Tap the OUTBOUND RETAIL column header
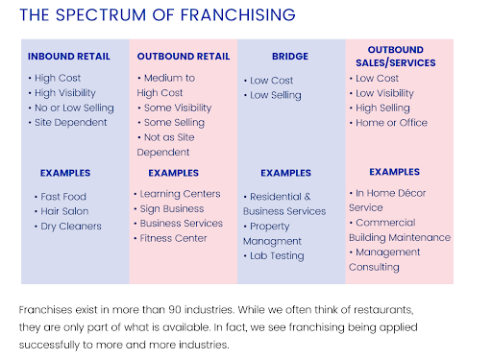182,57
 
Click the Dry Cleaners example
70,227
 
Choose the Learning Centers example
180,194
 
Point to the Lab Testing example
277,255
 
